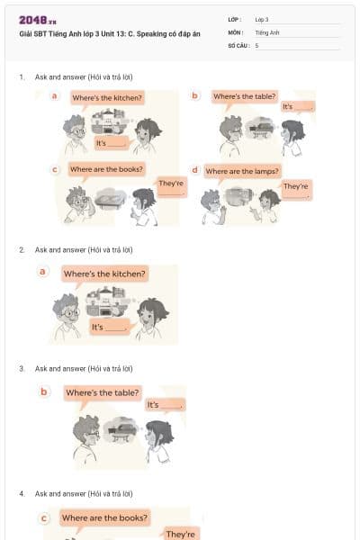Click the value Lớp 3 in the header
pyautogui.click(x=262, y=19)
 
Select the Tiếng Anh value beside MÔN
pyautogui.click(x=266, y=31)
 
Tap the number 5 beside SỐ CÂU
pyautogui.click(x=257, y=44)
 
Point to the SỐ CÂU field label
pyautogui.click(x=238, y=44)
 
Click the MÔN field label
pyautogui.click(x=236, y=31)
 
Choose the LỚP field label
pyautogui.click(x=235, y=19)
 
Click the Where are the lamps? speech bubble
pyautogui.click(x=242, y=170)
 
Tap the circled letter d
pyautogui.click(x=194, y=169)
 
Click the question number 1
pyautogui.click(x=22, y=77)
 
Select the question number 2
pyautogui.click(x=22, y=249)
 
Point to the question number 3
pyautogui.click(x=22, y=368)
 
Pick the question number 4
pyautogui.click(x=22, y=493)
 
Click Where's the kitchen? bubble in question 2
pyautogui.click(x=104, y=274)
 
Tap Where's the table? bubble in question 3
pyautogui.click(x=102, y=392)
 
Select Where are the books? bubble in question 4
pyautogui.click(x=104, y=517)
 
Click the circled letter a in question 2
pyautogui.click(x=42, y=272)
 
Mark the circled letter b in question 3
pyautogui.click(x=44, y=391)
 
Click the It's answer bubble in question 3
pyautogui.click(x=165, y=405)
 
